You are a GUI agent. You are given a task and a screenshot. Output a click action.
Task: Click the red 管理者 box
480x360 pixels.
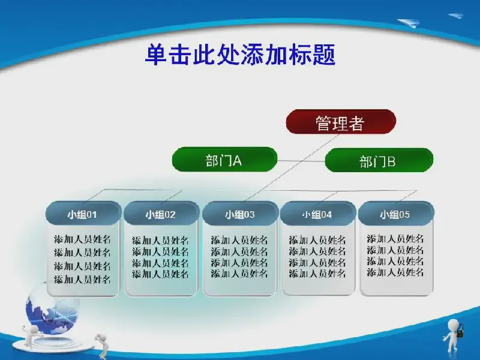[x=341, y=122]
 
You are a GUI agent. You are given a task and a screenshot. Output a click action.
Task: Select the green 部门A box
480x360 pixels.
[x=224, y=160]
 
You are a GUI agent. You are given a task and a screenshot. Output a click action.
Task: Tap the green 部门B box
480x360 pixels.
[x=379, y=160]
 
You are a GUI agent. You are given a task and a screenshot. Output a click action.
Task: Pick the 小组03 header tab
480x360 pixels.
[x=240, y=214]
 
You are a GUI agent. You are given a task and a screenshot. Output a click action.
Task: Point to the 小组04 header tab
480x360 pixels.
[x=318, y=214]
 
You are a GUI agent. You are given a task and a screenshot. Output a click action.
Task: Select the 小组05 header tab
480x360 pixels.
[x=396, y=214]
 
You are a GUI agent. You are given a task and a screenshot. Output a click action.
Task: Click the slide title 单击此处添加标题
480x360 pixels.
[x=241, y=55]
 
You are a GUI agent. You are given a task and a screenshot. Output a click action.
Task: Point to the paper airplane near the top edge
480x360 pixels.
[x=409, y=23]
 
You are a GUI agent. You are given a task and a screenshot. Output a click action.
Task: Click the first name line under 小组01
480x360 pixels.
[x=82, y=239]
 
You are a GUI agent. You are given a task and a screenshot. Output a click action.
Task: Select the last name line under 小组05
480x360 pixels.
[x=395, y=272]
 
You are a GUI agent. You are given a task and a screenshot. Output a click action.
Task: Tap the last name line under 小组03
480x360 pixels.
[x=239, y=273]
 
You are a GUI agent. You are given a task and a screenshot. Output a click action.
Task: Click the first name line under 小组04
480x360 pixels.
[x=317, y=240]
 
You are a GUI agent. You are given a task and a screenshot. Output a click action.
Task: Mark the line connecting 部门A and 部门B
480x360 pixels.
[x=301, y=161]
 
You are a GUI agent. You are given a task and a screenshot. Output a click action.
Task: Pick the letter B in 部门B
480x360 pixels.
[x=391, y=161]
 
